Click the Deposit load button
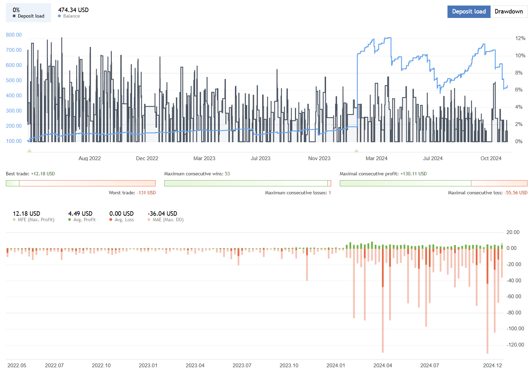pyautogui.click(x=469, y=11)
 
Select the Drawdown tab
pyautogui.click(x=509, y=11)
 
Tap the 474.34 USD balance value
pyautogui.click(x=73, y=10)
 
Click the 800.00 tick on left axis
pyautogui.click(x=14, y=35)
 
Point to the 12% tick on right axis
pyautogui.click(x=520, y=38)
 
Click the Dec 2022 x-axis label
pyautogui.click(x=147, y=158)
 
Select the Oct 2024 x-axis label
pyautogui.click(x=491, y=158)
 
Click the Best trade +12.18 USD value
pyautogui.click(x=43, y=174)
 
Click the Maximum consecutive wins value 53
pyautogui.click(x=227, y=174)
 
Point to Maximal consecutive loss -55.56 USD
pyautogui.click(x=516, y=193)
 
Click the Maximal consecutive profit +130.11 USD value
pyautogui.click(x=413, y=174)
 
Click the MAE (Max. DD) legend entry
pyautogui.click(x=168, y=220)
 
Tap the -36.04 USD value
pyautogui.click(x=162, y=214)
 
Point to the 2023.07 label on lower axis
pyautogui.click(x=242, y=365)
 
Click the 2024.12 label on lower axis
pyautogui.click(x=492, y=365)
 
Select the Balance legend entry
pyautogui.click(x=71, y=16)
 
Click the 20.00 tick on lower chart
pyautogui.click(x=513, y=232)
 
